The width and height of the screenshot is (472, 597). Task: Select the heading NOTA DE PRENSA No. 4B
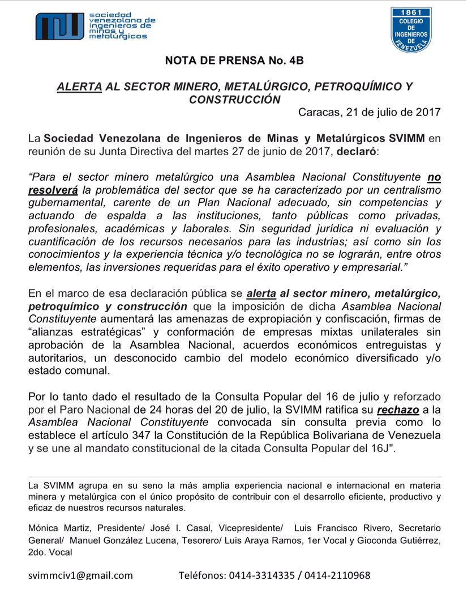click(234, 61)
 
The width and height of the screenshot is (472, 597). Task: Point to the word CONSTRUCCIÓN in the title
click(235, 99)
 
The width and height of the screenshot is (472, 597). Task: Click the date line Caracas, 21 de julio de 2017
click(369, 112)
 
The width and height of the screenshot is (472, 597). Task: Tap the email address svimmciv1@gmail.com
click(81, 575)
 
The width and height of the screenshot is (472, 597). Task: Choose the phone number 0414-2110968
click(338, 575)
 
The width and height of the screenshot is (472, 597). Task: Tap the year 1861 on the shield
click(411, 12)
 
